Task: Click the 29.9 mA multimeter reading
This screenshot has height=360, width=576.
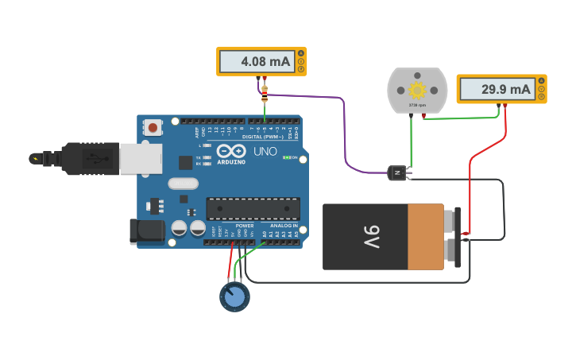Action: [496, 89]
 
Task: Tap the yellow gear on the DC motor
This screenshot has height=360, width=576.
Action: [417, 89]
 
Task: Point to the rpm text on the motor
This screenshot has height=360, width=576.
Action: [417, 105]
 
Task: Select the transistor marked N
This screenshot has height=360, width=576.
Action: [397, 172]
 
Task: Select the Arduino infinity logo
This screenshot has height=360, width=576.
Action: [230, 151]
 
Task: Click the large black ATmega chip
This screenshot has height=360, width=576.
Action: [253, 208]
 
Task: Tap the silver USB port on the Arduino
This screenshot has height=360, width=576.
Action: [141, 157]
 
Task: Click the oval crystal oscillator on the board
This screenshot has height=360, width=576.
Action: [183, 184]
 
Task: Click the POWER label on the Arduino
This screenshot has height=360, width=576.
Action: [244, 226]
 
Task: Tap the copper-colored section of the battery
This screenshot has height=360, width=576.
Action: [426, 237]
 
